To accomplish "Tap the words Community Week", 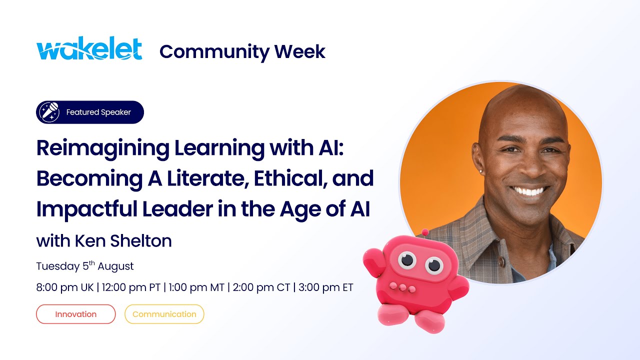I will [242, 51].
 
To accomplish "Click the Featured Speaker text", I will [98, 112].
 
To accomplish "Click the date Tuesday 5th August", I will [85, 266].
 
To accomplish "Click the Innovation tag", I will [76, 314].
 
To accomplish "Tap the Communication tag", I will [164, 314].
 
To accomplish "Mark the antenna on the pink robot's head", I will [425, 233].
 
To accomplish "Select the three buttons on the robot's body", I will [400, 287].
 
